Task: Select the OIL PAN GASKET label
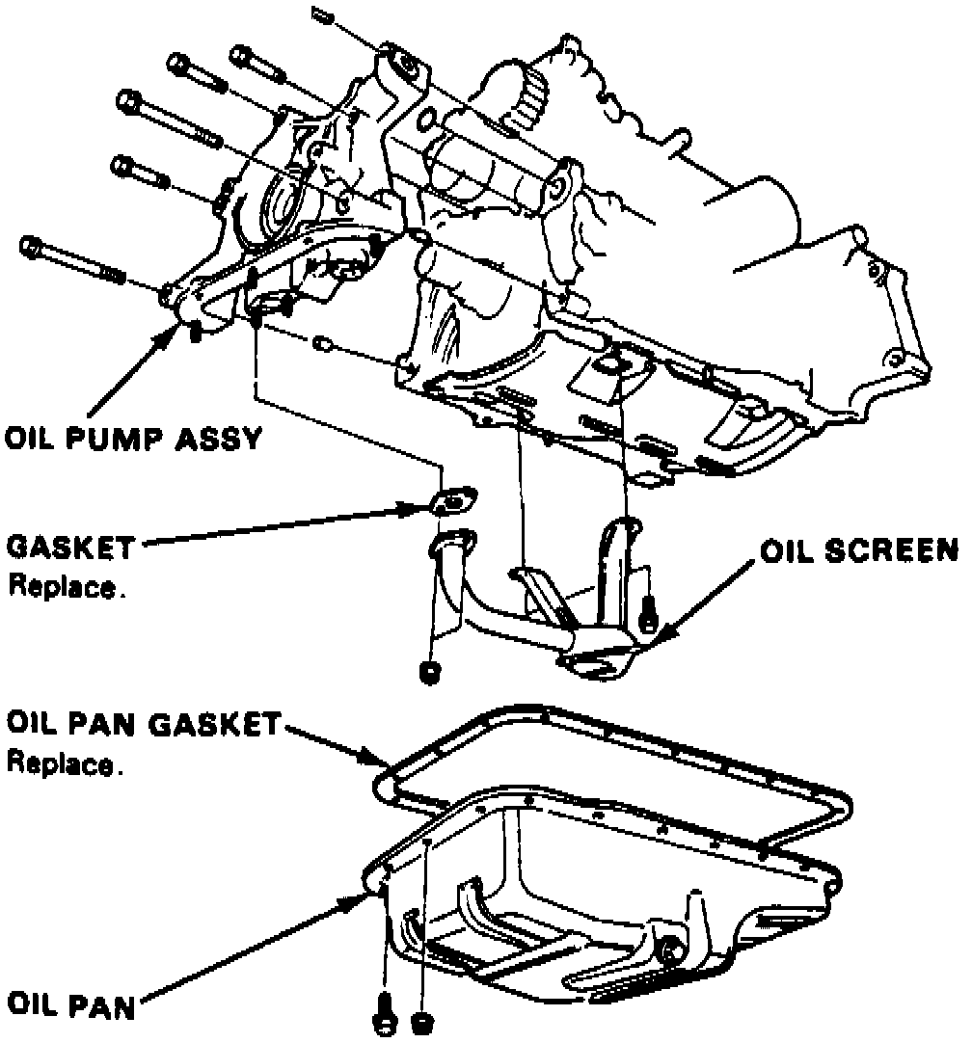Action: (145, 723)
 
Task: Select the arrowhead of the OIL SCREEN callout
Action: (659, 638)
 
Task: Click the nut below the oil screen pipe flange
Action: (431, 672)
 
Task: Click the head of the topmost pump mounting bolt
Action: (238, 55)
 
